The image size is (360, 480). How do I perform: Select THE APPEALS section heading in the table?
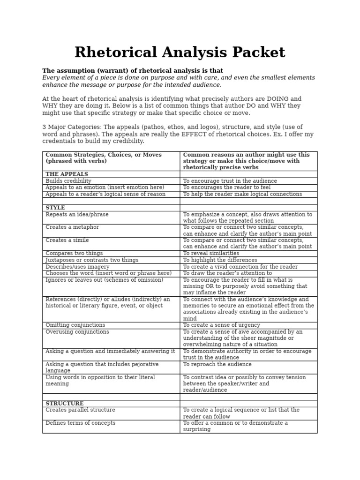pyautogui.click(x=67, y=174)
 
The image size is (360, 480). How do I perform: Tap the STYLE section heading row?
pyautogui.click(x=55, y=208)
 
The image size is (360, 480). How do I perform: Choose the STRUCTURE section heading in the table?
pyautogui.click(x=65, y=404)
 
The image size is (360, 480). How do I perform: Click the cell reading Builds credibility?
pyautogui.click(x=68, y=181)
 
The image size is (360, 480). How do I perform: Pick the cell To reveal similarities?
pyautogui.click(x=211, y=253)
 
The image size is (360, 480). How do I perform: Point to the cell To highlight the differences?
pyautogui.click(x=220, y=260)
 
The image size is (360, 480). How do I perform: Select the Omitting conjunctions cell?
pyautogui.click(x=75, y=325)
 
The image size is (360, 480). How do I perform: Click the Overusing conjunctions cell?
pyautogui.click(x=77, y=332)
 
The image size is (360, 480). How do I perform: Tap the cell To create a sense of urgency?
pyautogui.click(x=221, y=325)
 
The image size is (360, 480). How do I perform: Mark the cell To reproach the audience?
pyautogui.click(x=217, y=364)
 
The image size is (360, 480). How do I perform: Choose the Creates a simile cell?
pyautogui.click(x=67, y=240)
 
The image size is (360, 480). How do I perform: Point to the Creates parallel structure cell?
pyautogui.click(x=80, y=410)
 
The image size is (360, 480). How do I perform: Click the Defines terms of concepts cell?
pyautogui.click(x=80, y=423)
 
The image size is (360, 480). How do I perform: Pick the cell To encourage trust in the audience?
pyautogui.click(x=230, y=181)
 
